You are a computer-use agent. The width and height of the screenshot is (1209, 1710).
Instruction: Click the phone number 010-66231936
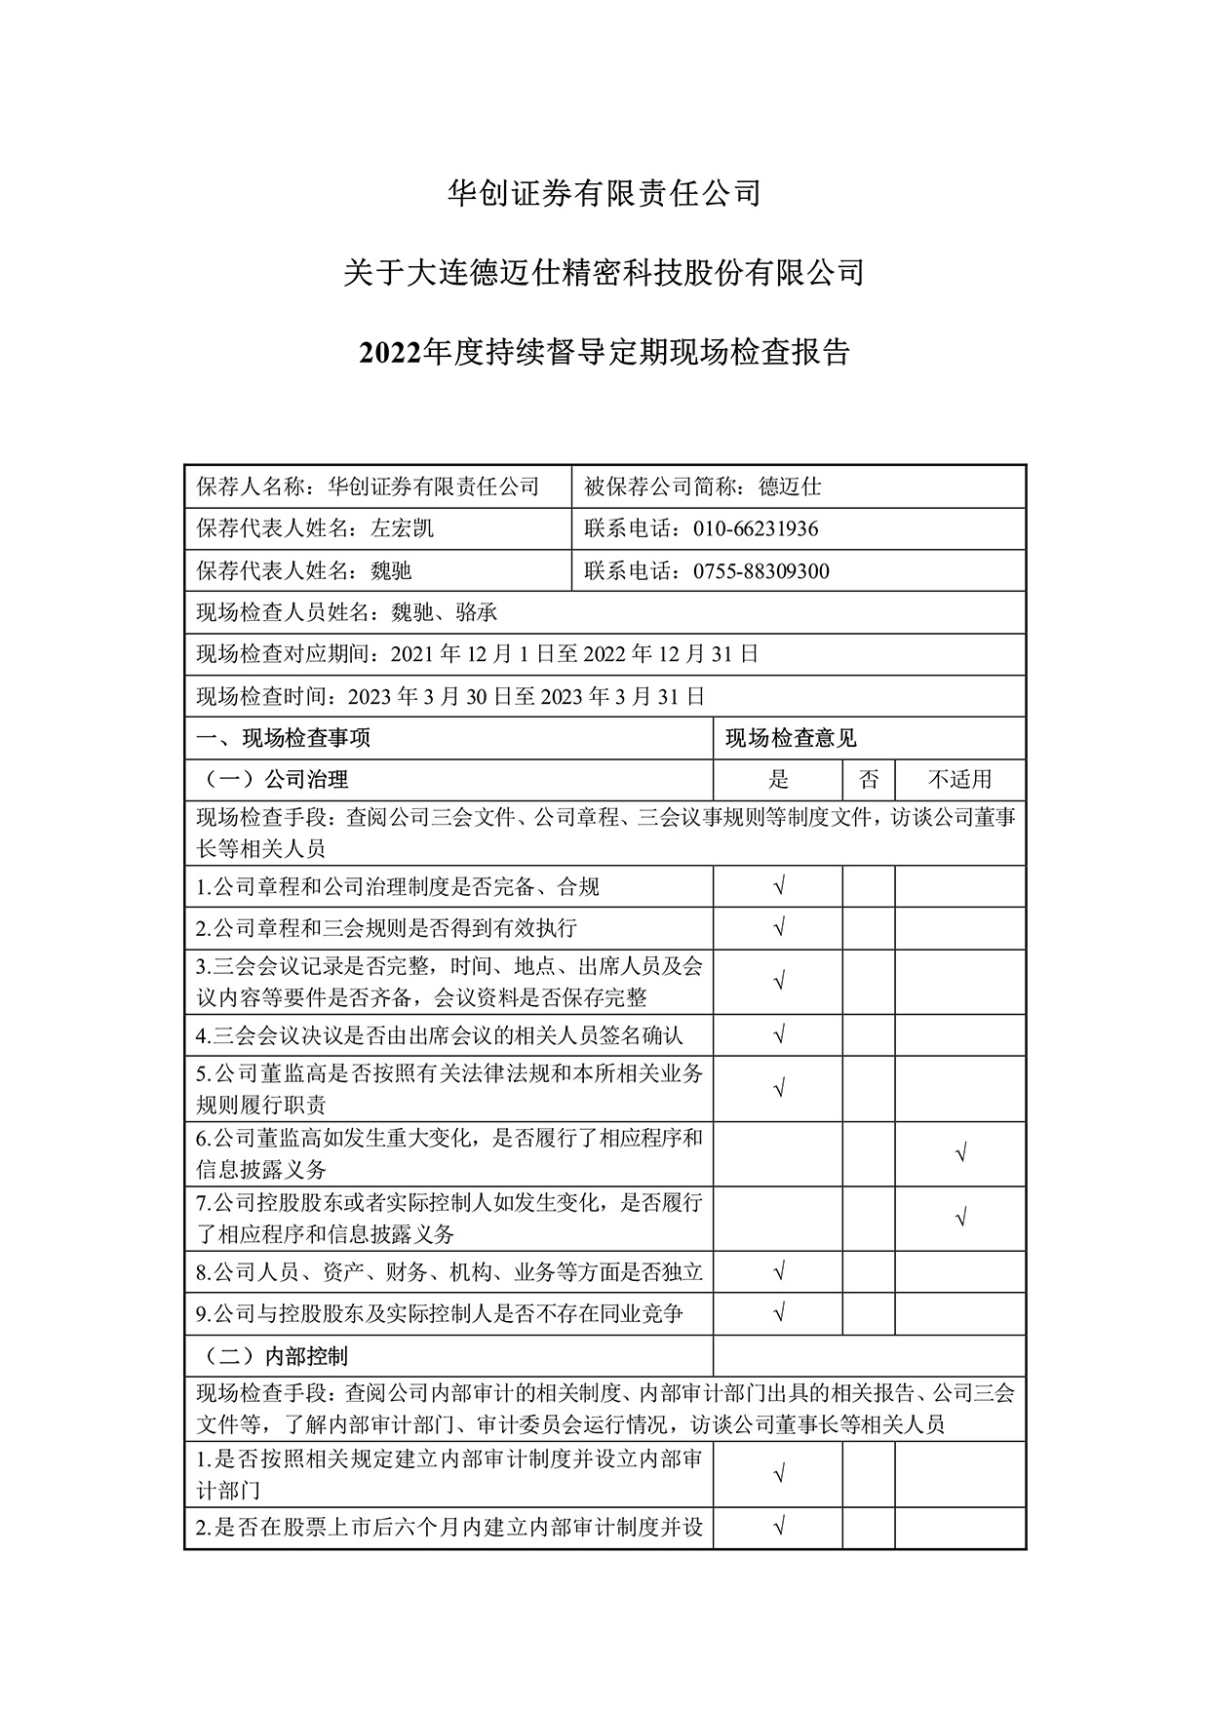(x=756, y=528)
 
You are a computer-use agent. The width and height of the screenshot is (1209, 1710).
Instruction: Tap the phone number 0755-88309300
(x=760, y=570)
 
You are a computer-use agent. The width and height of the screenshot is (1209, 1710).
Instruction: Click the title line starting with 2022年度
(x=604, y=352)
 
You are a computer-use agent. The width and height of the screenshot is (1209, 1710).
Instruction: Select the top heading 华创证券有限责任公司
(x=604, y=193)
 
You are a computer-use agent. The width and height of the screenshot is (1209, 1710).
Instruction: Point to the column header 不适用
(x=959, y=779)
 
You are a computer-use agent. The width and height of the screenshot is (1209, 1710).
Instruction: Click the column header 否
(x=869, y=779)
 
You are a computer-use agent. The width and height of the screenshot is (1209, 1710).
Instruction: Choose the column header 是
(x=778, y=779)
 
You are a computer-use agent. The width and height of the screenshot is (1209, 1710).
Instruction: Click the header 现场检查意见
(x=791, y=738)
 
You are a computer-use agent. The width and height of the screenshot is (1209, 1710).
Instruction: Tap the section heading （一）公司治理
(x=274, y=779)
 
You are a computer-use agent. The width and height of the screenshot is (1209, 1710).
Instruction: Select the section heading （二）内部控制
(x=274, y=1355)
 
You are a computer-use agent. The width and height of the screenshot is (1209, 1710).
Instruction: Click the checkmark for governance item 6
(x=960, y=1154)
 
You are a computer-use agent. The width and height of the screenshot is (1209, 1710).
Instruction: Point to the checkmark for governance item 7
(x=960, y=1218)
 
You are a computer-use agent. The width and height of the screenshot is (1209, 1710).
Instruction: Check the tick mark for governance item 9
(x=778, y=1313)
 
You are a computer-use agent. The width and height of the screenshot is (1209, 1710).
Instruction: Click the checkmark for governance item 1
(x=778, y=886)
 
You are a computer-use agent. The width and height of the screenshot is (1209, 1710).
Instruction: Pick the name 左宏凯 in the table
(x=403, y=528)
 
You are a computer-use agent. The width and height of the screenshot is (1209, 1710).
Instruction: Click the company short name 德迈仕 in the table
(x=791, y=486)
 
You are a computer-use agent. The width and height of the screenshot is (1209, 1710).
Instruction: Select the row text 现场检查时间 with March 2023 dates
(x=450, y=696)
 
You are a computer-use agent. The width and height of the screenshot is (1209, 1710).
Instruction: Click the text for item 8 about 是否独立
(x=449, y=1271)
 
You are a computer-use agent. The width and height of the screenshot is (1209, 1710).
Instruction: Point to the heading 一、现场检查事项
(x=284, y=738)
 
